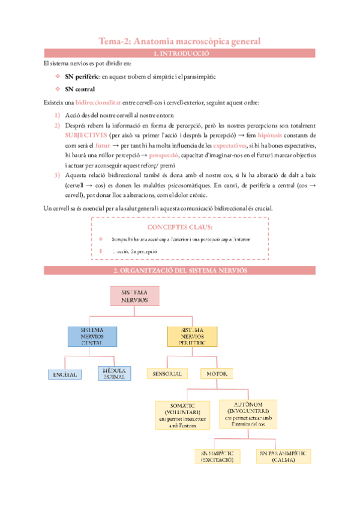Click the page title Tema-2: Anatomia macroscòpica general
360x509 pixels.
[179, 41]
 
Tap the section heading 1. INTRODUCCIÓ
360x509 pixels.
[180, 54]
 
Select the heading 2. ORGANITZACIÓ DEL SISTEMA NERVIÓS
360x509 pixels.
[180, 271]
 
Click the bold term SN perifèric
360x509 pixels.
[82, 77]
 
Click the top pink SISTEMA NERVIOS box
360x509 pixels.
[135, 295]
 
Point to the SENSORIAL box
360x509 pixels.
[167, 374]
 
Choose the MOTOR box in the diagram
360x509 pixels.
[217, 374]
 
